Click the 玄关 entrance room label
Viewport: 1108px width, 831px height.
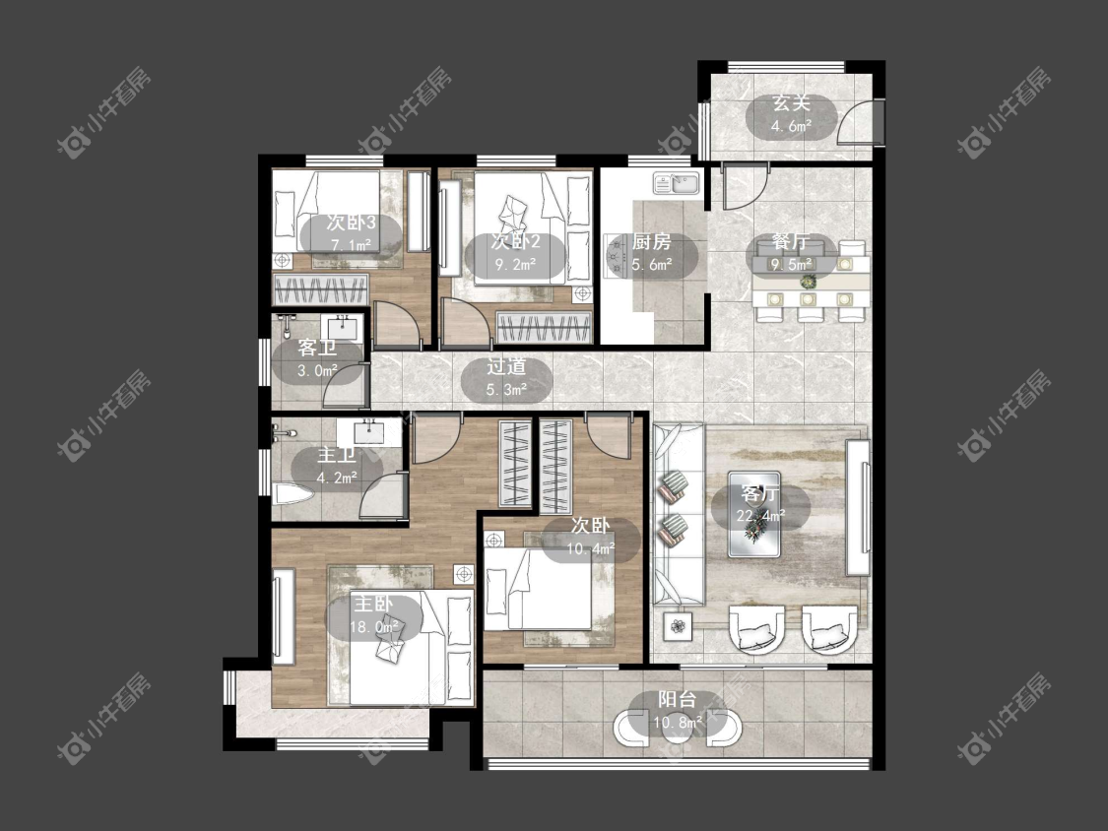(x=791, y=103)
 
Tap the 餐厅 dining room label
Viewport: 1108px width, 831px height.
(x=790, y=241)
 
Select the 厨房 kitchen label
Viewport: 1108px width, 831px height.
(x=652, y=241)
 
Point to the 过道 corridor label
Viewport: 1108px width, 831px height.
(x=506, y=366)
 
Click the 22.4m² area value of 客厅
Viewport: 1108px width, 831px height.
(x=760, y=516)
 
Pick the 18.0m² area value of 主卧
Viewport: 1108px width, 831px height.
(x=374, y=626)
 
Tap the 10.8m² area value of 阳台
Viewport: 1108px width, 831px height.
(x=678, y=722)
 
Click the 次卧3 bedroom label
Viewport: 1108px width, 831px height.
(x=352, y=223)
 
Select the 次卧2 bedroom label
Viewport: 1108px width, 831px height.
(x=516, y=241)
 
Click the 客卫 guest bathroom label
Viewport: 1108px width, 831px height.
(x=316, y=348)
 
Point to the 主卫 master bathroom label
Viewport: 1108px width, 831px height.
(x=337, y=454)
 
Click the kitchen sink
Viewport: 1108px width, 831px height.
(x=677, y=183)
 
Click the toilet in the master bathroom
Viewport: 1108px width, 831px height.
(x=292, y=494)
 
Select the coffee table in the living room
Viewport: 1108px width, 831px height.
(x=754, y=514)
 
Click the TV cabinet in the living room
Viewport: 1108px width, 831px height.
(x=858, y=507)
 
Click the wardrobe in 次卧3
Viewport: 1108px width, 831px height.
(x=321, y=290)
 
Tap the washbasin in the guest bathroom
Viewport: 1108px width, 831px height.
(x=343, y=327)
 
